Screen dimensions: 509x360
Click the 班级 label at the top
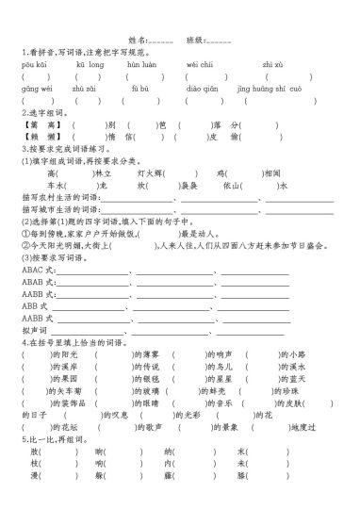coord(196,42)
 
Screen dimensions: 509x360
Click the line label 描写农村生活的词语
coord(57,199)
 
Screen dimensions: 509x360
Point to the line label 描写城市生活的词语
coord(57,210)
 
